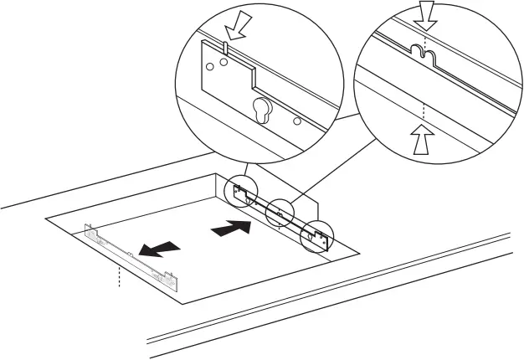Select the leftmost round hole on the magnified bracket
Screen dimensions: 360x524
click(210, 64)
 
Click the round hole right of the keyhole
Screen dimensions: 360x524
click(296, 121)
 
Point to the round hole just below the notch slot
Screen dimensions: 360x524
click(223, 61)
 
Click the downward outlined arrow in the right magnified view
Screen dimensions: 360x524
click(426, 15)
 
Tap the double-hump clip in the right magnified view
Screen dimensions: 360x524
click(426, 55)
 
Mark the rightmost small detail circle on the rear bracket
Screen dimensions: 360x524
click(317, 237)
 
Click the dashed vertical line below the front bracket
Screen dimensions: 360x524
click(120, 275)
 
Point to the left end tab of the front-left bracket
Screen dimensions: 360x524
click(90, 228)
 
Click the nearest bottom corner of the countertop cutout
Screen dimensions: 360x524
click(182, 302)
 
